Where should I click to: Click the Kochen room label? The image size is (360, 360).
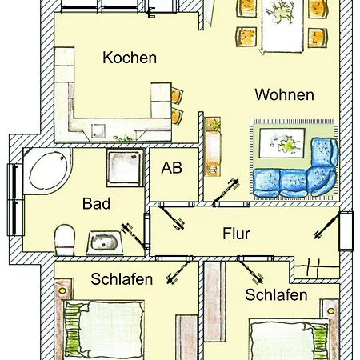[129, 58]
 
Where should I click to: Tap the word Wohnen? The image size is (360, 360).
[284, 94]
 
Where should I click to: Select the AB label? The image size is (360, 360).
[171, 169]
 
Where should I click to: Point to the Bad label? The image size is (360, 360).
[96, 203]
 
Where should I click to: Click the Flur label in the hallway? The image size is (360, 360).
[237, 234]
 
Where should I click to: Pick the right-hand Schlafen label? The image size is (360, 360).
[276, 294]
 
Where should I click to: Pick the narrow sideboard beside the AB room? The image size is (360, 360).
[213, 147]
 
